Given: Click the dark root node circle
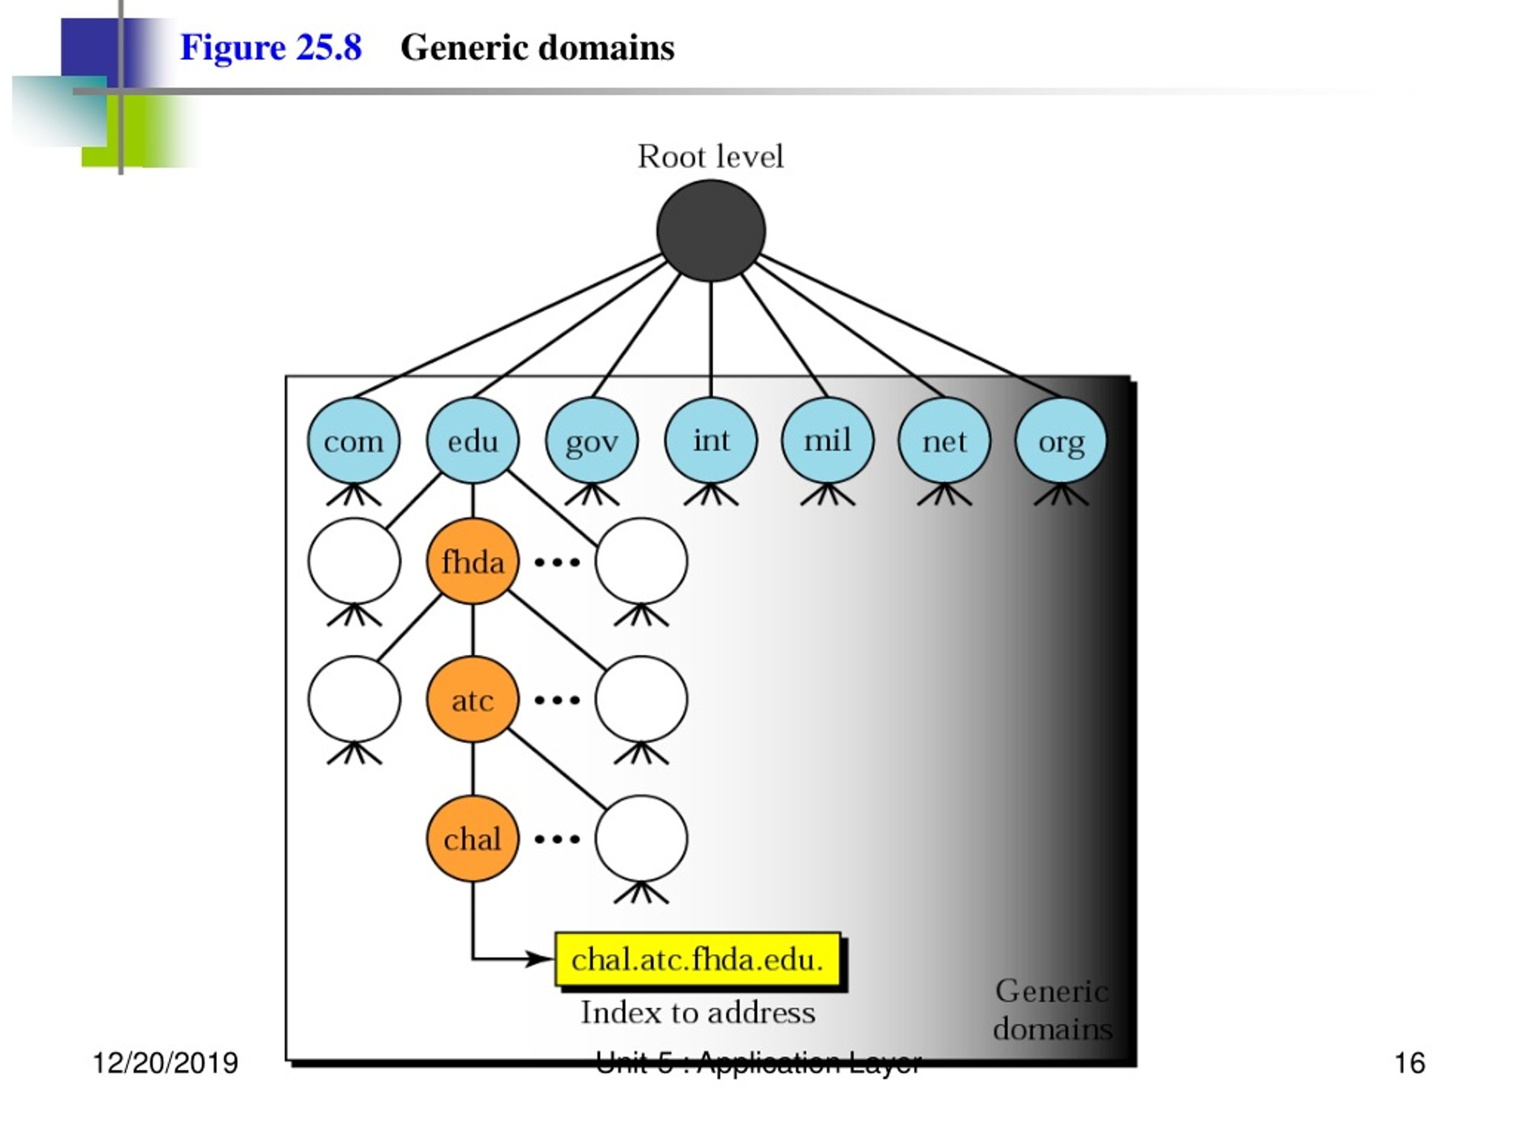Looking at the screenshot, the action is click(x=711, y=231).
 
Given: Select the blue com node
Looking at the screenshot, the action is click(x=353, y=440).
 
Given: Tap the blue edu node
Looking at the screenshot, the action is click(x=472, y=440).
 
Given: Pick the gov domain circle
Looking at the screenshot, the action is click(x=592, y=440).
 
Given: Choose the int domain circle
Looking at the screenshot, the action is click(x=711, y=440).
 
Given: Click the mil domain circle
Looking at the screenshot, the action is click(x=828, y=440).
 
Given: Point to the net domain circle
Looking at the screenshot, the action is click(x=945, y=440).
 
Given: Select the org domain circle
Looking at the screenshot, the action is click(x=1061, y=440).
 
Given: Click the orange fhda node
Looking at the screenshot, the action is click(x=472, y=562).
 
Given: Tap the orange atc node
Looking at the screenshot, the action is click(x=472, y=699).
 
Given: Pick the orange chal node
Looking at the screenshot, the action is click(x=472, y=839).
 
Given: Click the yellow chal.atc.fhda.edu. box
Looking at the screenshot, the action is click(x=697, y=959).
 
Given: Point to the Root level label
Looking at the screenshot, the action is click(x=711, y=156).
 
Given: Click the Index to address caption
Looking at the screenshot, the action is click(x=698, y=1012).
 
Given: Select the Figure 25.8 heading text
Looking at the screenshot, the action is click(x=271, y=48).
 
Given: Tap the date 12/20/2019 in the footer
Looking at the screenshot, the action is click(x=165, y=1063).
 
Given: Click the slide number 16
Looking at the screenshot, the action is click(x=1410, y=1063).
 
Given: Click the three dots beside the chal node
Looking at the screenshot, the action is click(x=557, y=839).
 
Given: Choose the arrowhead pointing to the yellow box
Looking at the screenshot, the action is click(x=540, y=958).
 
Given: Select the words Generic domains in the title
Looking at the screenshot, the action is click(x=537, y=48).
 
